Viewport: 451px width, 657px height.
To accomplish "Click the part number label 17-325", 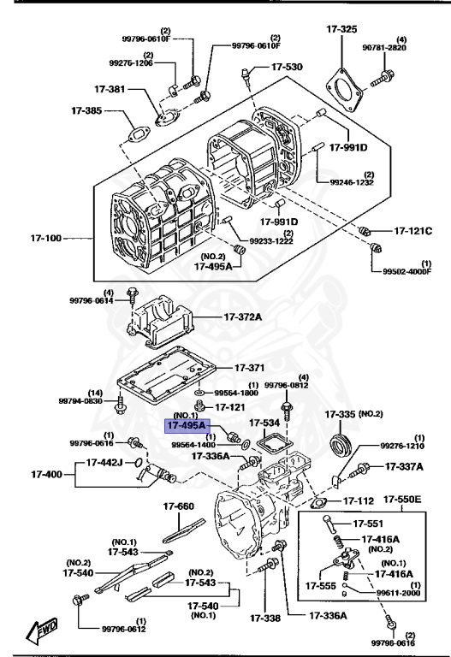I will point(341,30).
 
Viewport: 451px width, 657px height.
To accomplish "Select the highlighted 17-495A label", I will point(185,423).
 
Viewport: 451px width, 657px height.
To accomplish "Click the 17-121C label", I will point(413,231).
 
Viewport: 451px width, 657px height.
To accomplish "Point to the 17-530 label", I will point(287,67).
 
